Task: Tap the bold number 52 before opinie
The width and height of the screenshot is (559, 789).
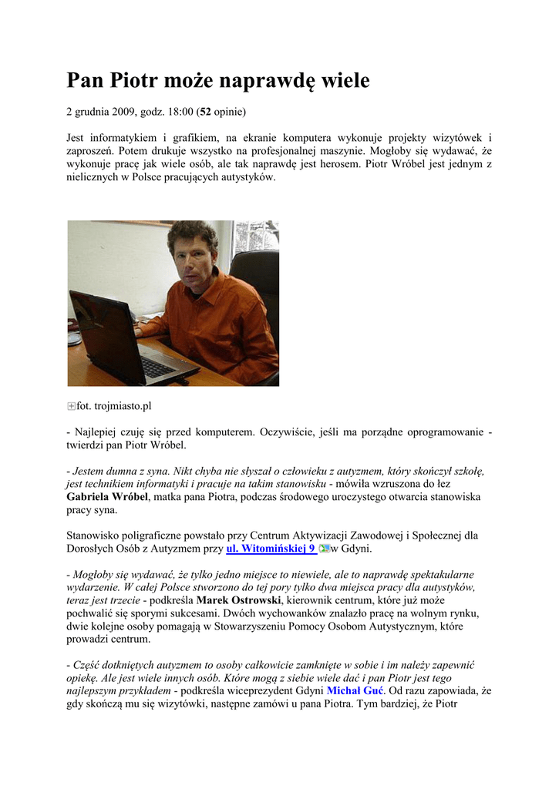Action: tap(206, 112)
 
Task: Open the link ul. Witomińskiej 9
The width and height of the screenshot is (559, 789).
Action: tap(271, 549)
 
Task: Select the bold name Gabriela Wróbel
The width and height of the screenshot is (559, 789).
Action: tap(106, 497)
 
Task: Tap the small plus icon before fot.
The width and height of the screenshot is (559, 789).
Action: tap(71, 406)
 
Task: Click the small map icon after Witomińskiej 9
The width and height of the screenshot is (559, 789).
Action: tap(324, 549)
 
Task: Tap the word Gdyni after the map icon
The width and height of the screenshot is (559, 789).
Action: tap(356, 549)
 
